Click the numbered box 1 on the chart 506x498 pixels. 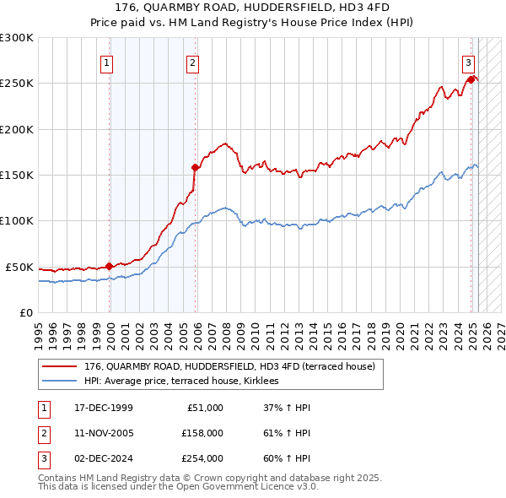[108, 62]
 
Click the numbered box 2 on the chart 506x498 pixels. [193, 62]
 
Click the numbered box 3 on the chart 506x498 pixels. [468, 62]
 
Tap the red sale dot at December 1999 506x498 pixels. [110, 266]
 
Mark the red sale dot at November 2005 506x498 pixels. [195, 167]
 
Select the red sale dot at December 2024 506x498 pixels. [470, 79]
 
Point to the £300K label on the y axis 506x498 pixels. [17, 38]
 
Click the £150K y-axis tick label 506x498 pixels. [17, 175]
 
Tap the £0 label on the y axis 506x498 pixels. [26, 312]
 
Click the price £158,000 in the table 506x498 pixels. [202, 433]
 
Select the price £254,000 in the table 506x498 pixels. [202, 458]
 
